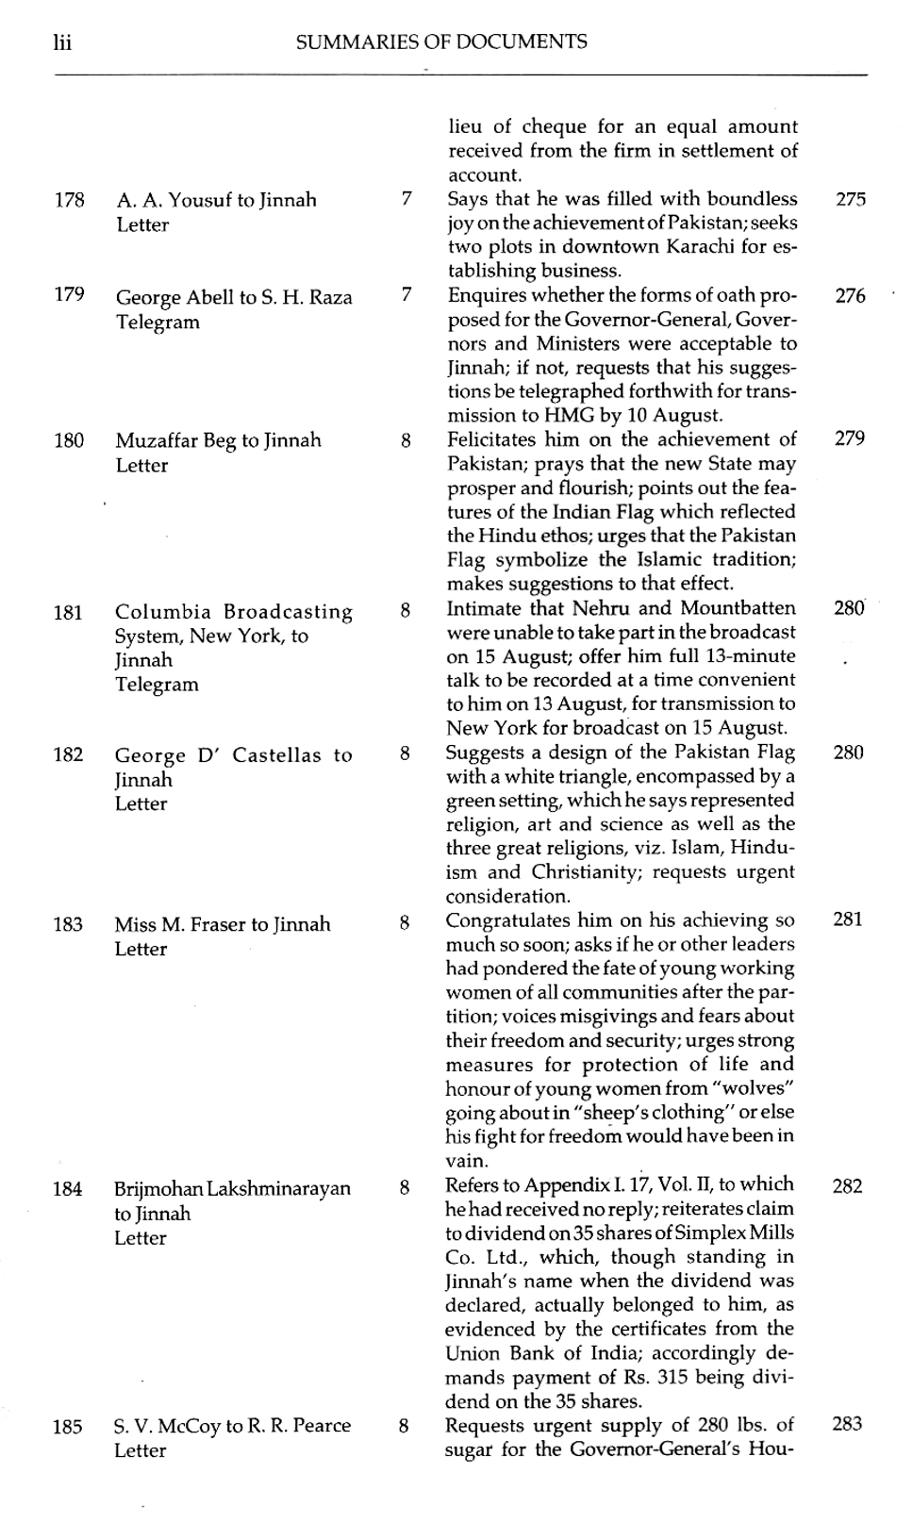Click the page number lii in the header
tap(64, 42)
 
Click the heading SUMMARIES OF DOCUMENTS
tap(440, 41)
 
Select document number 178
tap(70, 200)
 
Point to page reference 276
tap(850, 296)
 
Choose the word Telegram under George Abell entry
tap(158, 322)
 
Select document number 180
tap(69, 440)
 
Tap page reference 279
tap(849, 439)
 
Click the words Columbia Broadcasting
tap(234, 612)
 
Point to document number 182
tap(68, 754)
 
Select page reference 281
tap(848, 919)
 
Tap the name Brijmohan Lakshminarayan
tap(232, 1188)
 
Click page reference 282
tap(847, 1185)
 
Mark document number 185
tap(67, 1427)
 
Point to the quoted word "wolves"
tap(751, 1088)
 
